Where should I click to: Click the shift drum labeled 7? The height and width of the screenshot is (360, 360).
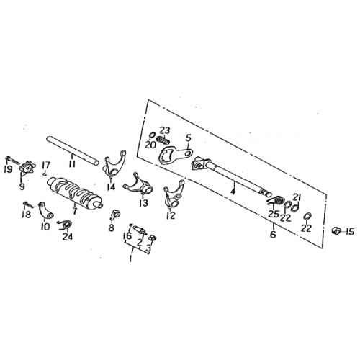point(74,192)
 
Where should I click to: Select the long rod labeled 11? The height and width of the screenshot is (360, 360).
point(73,150)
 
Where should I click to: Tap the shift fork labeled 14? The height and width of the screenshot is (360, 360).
point(114,164)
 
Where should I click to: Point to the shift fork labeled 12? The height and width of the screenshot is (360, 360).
point(174,194)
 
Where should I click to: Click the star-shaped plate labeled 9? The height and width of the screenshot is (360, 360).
point(27,168)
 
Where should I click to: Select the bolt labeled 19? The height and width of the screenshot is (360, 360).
point(12,160)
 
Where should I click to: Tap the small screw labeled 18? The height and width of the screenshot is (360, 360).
point(28,204)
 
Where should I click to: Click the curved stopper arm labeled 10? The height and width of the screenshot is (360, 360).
point(45,210)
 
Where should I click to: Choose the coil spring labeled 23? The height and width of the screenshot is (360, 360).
point(163,140)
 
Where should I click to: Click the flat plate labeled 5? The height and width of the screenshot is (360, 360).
point(175,156)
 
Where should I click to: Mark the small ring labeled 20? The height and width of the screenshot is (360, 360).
point(152,135)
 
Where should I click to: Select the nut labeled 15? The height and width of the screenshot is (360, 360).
point(336,231)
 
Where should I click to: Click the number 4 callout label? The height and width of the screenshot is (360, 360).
point(233,192)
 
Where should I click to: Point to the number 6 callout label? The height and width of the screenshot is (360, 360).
point(273,234)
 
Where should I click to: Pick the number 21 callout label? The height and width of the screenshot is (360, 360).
point(297,198)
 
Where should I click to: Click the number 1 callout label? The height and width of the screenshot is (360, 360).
point(131,258)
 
